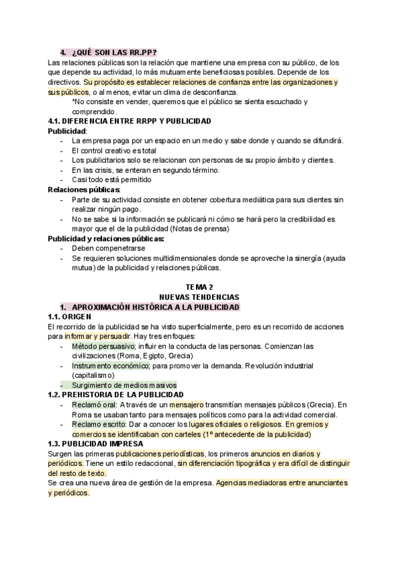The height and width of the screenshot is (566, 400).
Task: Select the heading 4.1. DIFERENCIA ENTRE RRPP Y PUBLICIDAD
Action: pos(129,121)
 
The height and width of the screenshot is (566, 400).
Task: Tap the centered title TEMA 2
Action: pos(199,286)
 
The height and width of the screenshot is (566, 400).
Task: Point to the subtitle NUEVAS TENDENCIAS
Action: pos(199,296)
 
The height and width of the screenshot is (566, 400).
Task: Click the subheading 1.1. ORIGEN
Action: pos(73,316)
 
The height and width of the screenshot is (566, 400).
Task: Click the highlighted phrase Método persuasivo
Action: pos(101,346)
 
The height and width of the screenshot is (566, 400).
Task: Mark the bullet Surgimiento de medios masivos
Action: pos(124,385)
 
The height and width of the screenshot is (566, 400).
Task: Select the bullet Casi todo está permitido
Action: pos(111,180)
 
